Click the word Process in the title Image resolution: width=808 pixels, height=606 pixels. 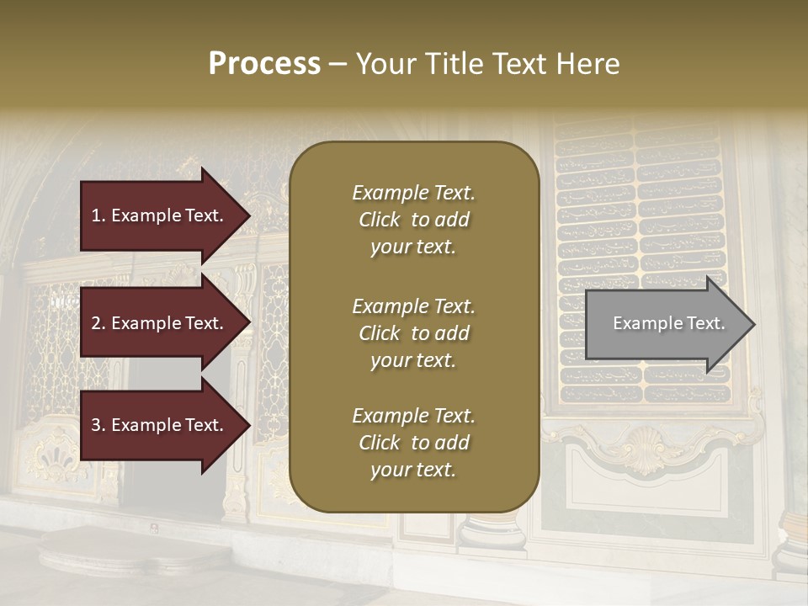(264, 64)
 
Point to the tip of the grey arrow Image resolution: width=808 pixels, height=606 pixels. (753, 324)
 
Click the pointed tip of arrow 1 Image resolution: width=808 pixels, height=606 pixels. (249, 215)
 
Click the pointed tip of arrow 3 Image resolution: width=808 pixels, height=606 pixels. (249, 425)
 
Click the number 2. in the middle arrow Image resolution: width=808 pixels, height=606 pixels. (98, 323)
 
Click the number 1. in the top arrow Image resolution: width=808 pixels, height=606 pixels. (98, 215)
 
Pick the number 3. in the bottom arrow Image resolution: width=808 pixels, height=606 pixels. (98, 425)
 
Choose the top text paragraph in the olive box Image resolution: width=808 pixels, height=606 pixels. (413, 220)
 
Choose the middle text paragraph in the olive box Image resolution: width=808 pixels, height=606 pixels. (413, 333)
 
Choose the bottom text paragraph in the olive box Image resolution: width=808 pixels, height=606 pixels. (413, 443)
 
